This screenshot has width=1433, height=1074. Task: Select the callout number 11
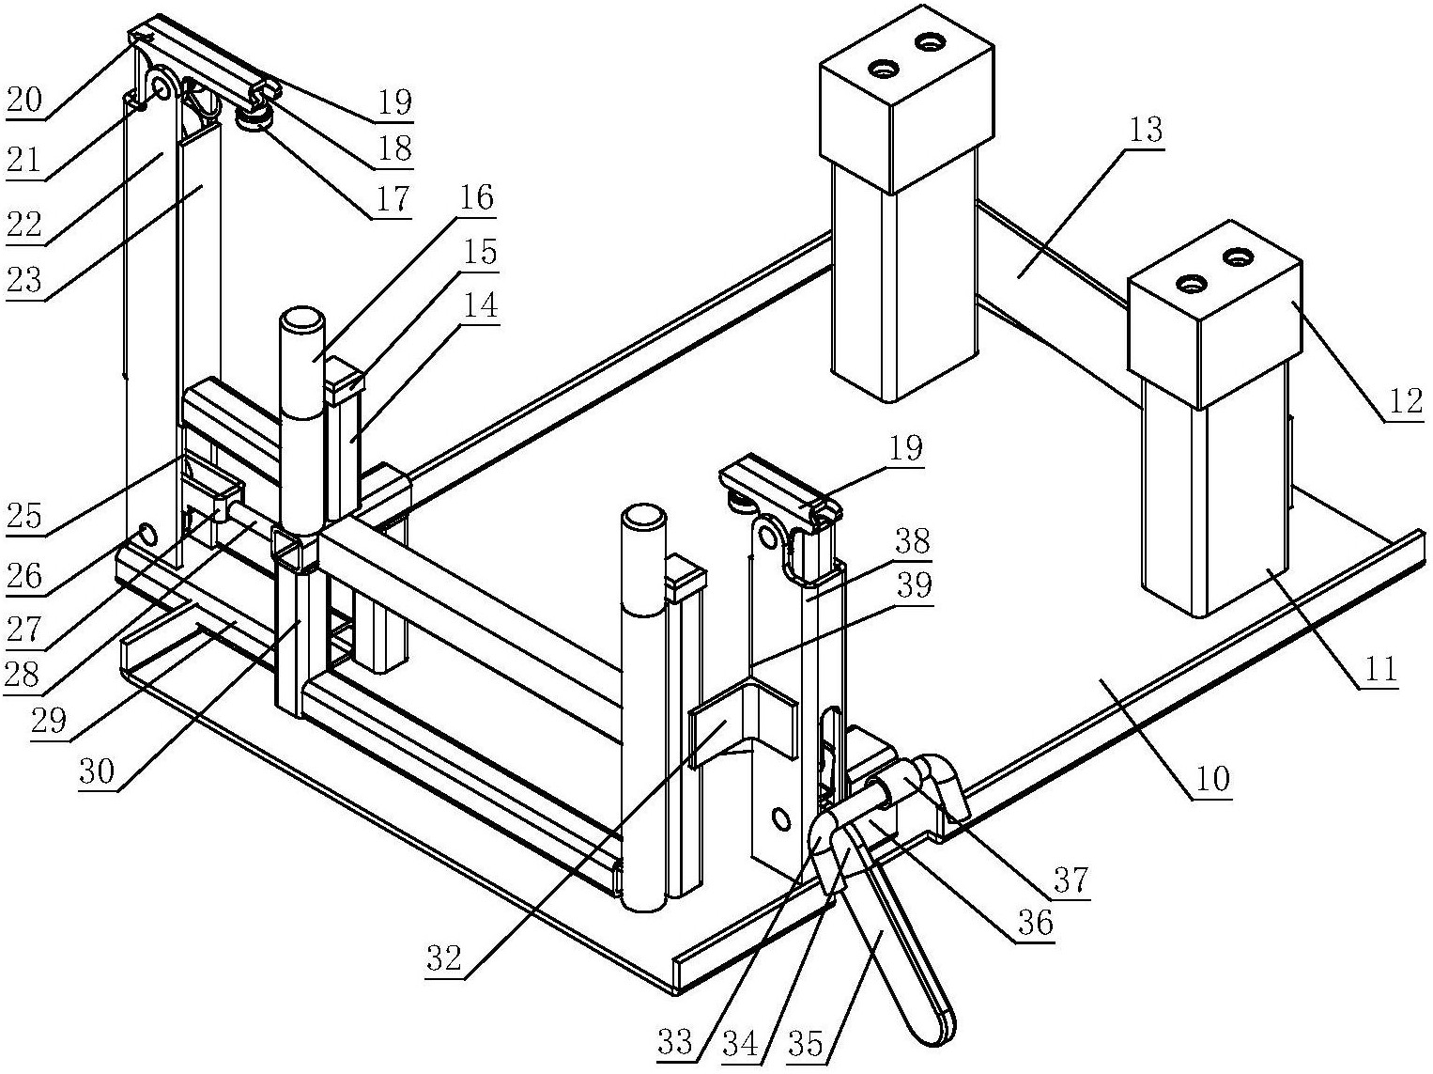(1379, 669)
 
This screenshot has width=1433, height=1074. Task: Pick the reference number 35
(806, 1043)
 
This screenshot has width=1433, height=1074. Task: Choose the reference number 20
(24, 100)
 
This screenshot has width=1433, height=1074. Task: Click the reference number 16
(476, 196)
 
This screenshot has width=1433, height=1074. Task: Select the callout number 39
(914, 585)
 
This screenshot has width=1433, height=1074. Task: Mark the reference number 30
(97, 771)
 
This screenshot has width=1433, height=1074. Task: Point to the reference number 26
(24, 576)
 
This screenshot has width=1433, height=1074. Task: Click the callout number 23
(24, 280)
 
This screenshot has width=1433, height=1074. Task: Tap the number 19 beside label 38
(906, 447)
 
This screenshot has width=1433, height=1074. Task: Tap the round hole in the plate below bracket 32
(780, 818)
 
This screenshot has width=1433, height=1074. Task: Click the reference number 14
(480, 305)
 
